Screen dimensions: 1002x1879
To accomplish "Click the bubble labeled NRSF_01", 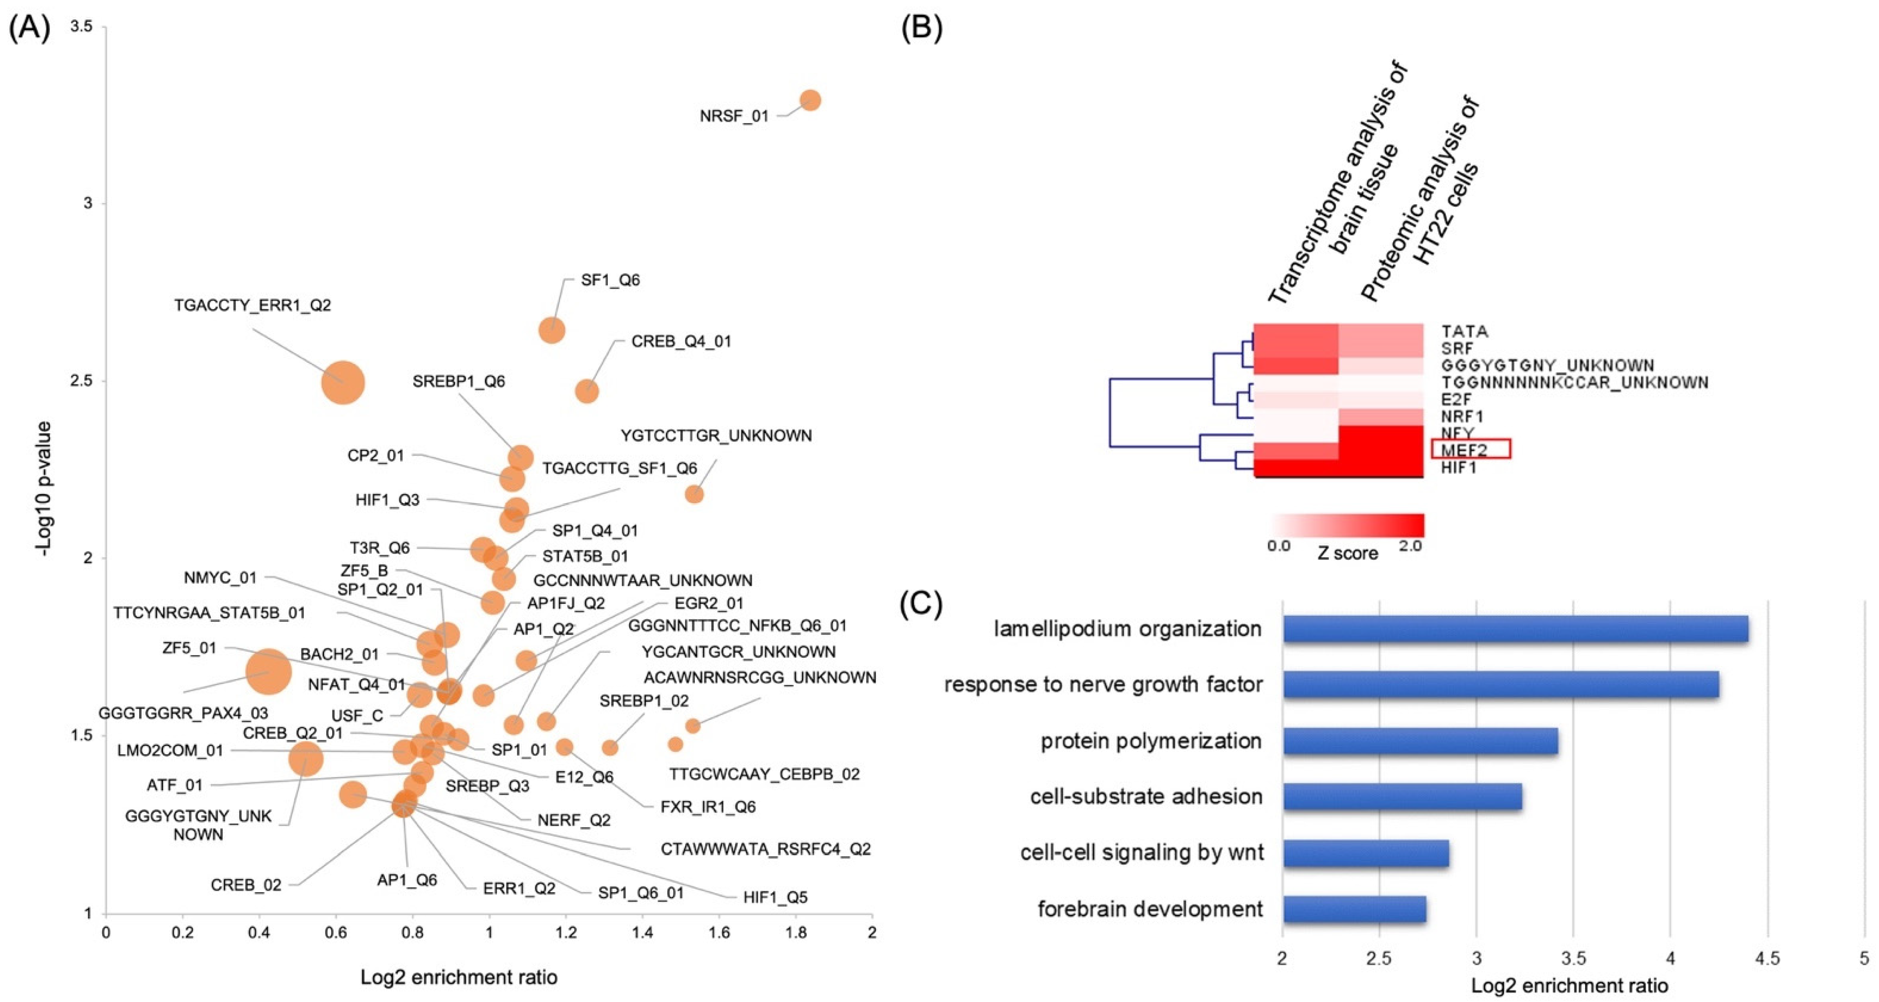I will point(810,100).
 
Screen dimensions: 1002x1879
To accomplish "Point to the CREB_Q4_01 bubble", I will point(586,391).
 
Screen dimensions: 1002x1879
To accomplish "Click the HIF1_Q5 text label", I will point(775,897).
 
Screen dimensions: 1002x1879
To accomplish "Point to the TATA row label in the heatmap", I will point(1465,331).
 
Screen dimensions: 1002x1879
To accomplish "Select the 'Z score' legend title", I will point(1346,553).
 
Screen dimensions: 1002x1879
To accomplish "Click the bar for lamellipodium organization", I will point(1515,628).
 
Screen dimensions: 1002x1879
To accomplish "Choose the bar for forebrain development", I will point(1354,909).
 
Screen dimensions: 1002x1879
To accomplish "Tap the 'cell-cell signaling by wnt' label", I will point(1142,852).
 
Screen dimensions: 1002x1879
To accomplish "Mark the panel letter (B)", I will point(922,27).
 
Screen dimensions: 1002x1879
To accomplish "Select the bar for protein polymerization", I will point(1420,741).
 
